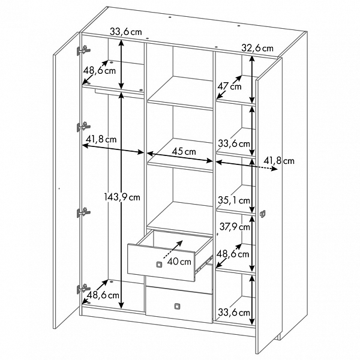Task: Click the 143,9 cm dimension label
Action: pyautogui.click(x=122, y=197)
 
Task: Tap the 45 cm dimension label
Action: pyautogui.click(x=184, y=152)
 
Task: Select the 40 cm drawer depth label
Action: pyautogui.click(x=179, y=261)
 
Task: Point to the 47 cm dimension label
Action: pyautogui.click(x=229, y=86)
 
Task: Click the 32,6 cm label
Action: pyautogui.click(x=257, y=48)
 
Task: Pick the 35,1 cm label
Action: pyautogui.click(x=234, y=200)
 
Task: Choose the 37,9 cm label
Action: pyautogui.click(x=235, y=227)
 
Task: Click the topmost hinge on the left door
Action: pyautogui.click(x=83, y=50)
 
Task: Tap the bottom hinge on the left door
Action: pyautogui.click(x=83, y=289)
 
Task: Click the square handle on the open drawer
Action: pyautogui.click(x=159, y=265)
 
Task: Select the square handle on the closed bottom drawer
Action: pyautogui.click(x=177, y=306)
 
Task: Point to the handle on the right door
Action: pyautogui.click(x=262, y=214)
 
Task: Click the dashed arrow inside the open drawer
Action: pyautogui.click(x=173, y=250)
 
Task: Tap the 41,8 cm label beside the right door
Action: pyautogui.click(x=279, y=161)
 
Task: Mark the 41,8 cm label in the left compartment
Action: pyautogui.click(x=101, y=139)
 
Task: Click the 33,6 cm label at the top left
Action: pyautogui.click(x=125, y=32)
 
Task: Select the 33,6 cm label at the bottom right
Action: pyautogui.click(x=234, y=312)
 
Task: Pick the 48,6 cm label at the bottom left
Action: pyautogui.click(x=103, y=295)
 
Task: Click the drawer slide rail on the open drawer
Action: pyautogui.click(x=203, y=265)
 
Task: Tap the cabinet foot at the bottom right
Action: pyautogui.click(x=278, y=337)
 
